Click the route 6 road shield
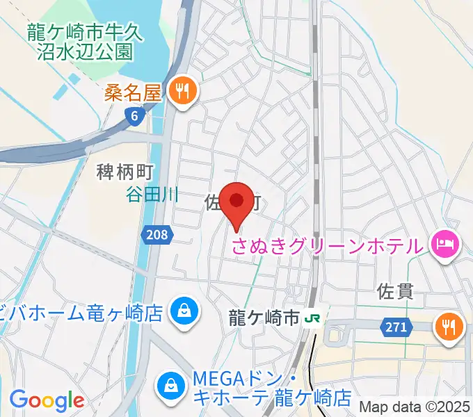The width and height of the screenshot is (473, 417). (x=134, y=117)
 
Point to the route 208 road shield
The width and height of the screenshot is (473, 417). (x=157, y=235)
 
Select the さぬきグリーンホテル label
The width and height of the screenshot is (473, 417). (x=327, y=245)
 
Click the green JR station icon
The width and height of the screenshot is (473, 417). (x=312, y=318)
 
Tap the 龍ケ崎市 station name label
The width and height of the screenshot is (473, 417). (x=264, y=318)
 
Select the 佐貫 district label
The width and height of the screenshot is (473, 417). (x=395, y=291)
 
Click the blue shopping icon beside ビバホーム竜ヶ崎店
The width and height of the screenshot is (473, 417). (x=184, y=310)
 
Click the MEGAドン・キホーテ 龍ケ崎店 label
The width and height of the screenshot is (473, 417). (x=271, y=389)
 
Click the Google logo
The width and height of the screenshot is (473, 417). (x=47, y=400)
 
